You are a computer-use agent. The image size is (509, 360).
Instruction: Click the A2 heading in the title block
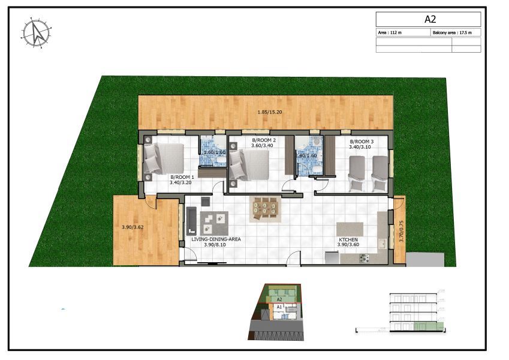coord(429,19)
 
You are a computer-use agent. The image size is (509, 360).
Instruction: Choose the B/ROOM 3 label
coord(362,142)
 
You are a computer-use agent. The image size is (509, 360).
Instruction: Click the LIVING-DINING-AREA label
coord(216,239)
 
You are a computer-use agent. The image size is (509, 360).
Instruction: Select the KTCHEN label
coord(348,239)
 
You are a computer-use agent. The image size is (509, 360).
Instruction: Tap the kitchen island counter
coord(350,230)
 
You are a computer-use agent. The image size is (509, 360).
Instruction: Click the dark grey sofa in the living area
coord(191,220)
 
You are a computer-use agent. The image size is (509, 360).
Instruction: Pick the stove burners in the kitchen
coord(363,259)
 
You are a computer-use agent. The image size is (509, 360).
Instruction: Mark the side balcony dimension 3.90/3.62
coord(134,227)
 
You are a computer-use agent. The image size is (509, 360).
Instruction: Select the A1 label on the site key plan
coord(279,306)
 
